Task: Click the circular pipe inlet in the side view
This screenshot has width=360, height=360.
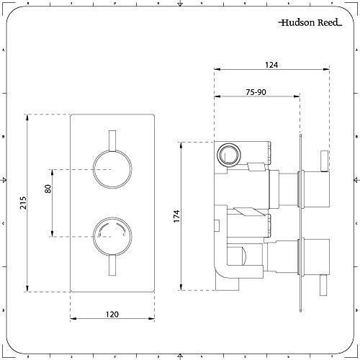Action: (230, 155)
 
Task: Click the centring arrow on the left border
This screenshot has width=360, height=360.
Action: (5, 180)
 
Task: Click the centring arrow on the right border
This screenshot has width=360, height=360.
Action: (355, 180)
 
